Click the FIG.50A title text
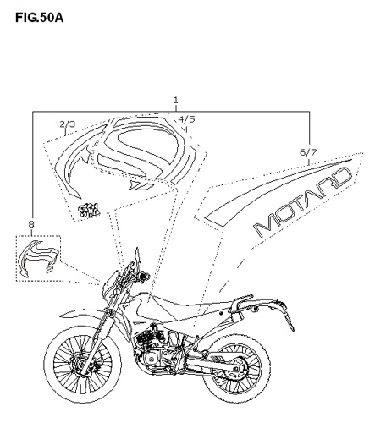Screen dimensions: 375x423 point(40,18)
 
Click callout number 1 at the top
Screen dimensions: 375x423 point(176,100)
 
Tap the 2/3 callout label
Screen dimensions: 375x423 point(68,124)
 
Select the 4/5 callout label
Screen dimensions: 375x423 point(186,119)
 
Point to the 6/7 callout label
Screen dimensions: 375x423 point(308,152)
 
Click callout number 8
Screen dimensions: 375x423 point(31,224)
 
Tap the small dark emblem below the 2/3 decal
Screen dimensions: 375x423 point(89,210)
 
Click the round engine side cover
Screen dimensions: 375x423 point(152,360)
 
